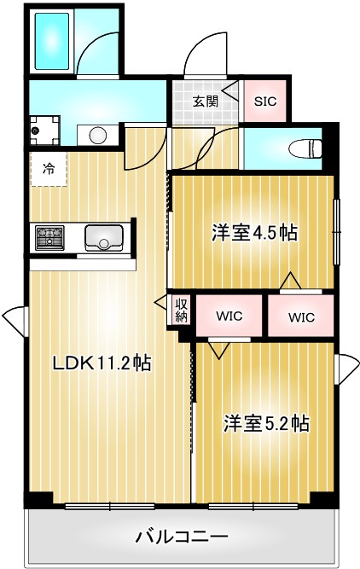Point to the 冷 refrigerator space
click(48, 169)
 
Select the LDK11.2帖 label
click(102, 363)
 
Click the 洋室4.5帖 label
click(254, 231)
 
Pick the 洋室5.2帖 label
click(266, 422)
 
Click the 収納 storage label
click(182, 310)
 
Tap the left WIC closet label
click(229, 316)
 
